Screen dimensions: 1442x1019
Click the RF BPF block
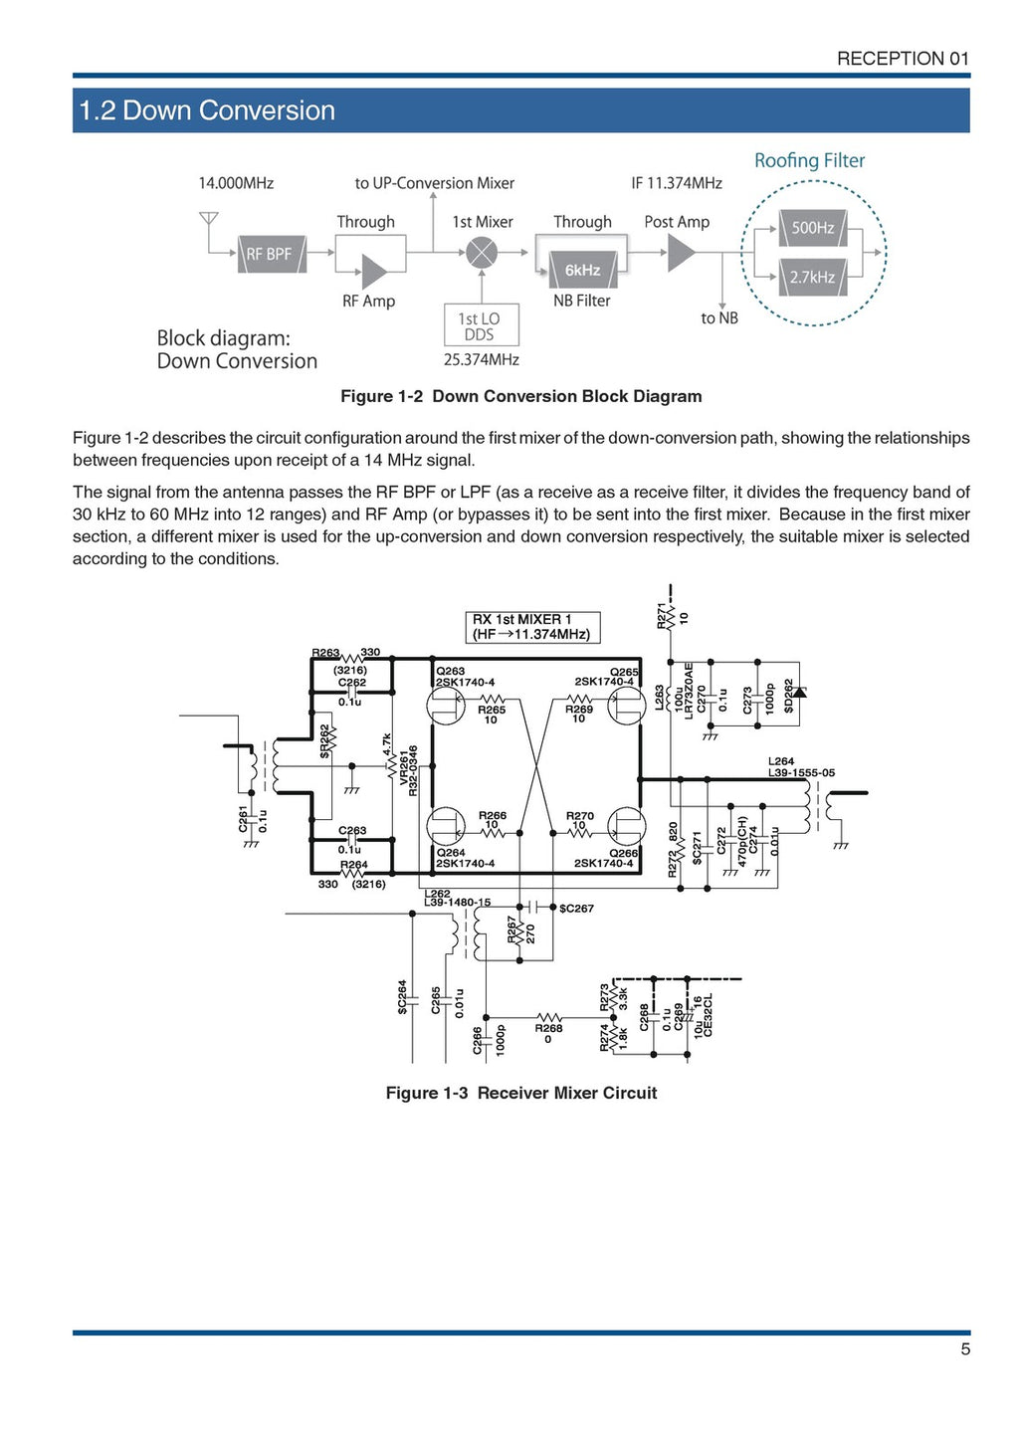click(270, 255)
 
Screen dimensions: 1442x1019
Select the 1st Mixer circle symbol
click(482, 253)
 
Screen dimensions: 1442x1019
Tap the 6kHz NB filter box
click(583, 270)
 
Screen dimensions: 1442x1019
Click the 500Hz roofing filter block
click(812, 228)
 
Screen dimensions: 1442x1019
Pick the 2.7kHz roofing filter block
click(812, 277)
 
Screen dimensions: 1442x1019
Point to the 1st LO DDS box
click(480, 325)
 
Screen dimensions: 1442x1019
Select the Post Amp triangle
click(681, 253)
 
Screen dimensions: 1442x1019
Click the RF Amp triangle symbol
click(374, 271)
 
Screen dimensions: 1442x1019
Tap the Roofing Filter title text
click(809, 160)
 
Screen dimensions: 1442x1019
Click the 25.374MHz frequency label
click(481, 360)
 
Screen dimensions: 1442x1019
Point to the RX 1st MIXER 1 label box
click(532, 627)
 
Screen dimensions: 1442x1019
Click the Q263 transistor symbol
click(445, 707)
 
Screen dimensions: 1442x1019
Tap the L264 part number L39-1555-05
click(801, 773)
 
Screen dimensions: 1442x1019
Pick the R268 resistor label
click(548, 1028)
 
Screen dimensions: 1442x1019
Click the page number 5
click(964, 1349)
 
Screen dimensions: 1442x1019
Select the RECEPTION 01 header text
click(902, 59)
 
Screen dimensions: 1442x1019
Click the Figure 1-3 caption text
click(521, 1093)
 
